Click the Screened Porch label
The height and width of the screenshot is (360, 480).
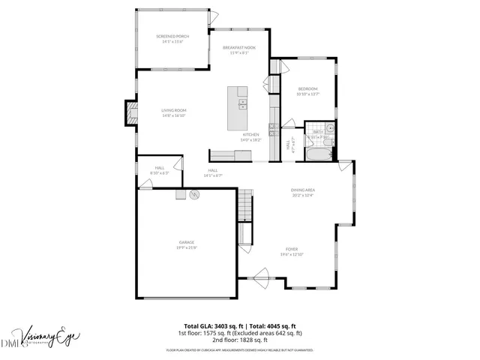point(172,36)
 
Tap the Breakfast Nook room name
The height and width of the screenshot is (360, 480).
point(239,47)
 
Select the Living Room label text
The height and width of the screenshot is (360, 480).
point(173,110)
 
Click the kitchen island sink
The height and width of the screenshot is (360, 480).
point(242,104)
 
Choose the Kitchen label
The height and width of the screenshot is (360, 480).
point(250,135)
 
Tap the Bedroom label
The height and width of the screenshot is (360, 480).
point(307,88)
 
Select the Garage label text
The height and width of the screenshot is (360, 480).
point(187,242)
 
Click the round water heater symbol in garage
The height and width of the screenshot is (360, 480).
point(194,195)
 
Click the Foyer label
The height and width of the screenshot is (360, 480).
point(291,249)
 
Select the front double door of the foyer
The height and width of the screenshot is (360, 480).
point(264,274)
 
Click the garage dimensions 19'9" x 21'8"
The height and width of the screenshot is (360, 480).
point(187,247)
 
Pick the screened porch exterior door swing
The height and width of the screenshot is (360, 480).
point(213,16)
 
